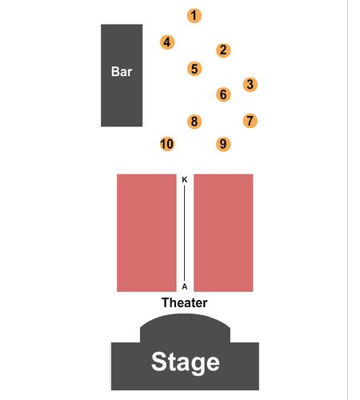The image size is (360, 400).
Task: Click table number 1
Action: pos(194,16)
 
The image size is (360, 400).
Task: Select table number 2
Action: pos(223,50)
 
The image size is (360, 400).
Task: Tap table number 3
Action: pos(250,85)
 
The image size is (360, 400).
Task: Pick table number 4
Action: pos(167,42)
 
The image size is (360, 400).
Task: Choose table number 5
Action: pos(194,69)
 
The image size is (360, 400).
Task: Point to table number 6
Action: pos(223,94)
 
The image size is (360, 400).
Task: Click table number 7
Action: pos(250,121)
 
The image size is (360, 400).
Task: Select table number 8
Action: pos(194,122)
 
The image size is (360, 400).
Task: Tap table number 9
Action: pos(223,144)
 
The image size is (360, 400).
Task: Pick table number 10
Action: pos(167,144)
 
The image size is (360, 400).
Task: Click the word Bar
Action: pos(122,72)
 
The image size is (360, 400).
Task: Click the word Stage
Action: pos(186,362)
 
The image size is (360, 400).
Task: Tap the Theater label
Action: pos(185,302)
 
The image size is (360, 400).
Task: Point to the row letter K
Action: pos(185,180)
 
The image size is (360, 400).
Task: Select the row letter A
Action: pos(185,286)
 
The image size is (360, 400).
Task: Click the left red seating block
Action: pos(146,233)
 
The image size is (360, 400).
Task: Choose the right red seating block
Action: pos(223,233)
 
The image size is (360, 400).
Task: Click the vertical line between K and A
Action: pos(184,234)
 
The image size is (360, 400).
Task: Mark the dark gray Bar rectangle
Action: pos(122,75)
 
